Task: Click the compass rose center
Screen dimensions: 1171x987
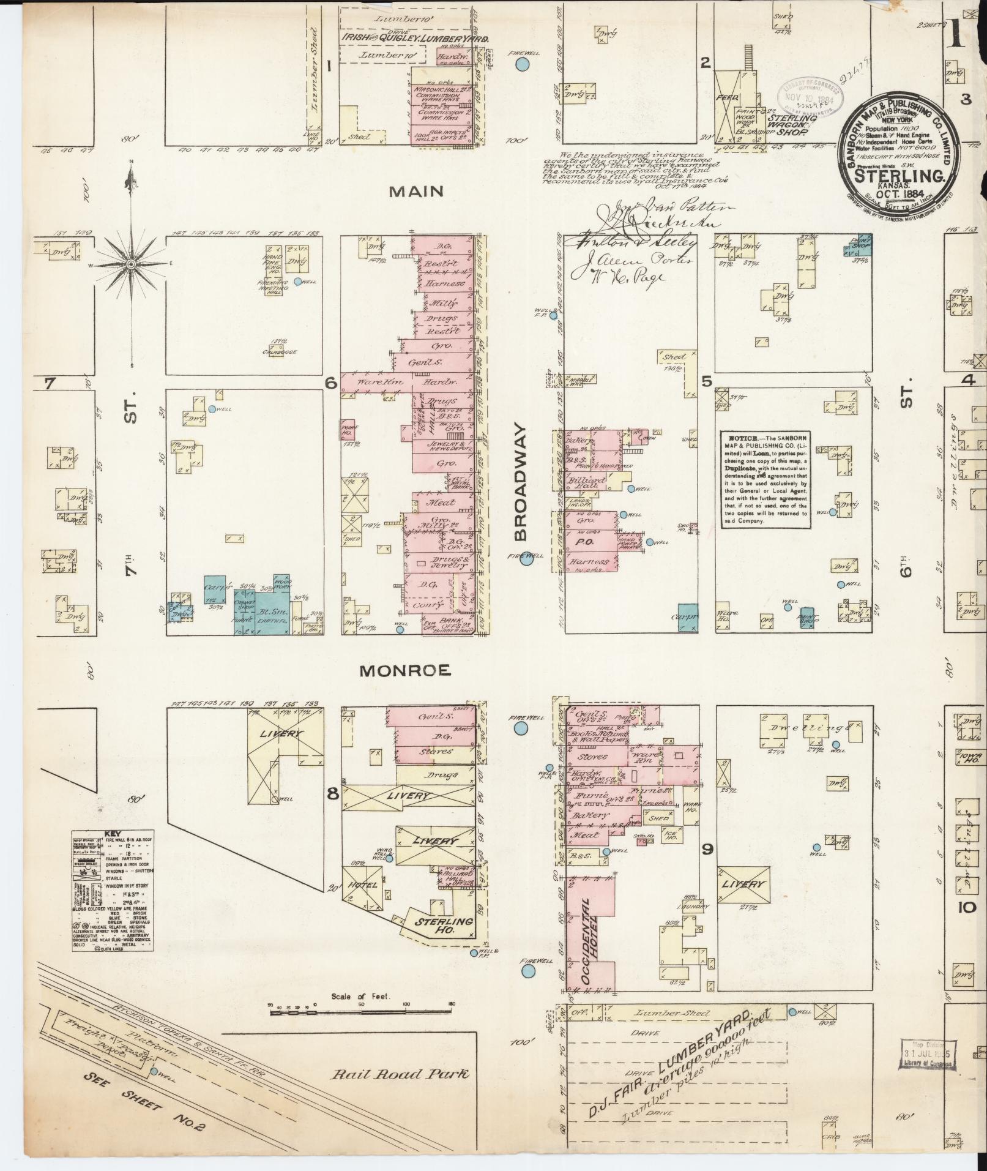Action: (130, 264)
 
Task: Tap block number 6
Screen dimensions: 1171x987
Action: (331, 383)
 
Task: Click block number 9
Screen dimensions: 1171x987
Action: (707, 848)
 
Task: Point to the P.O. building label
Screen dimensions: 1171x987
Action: (581, 542)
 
